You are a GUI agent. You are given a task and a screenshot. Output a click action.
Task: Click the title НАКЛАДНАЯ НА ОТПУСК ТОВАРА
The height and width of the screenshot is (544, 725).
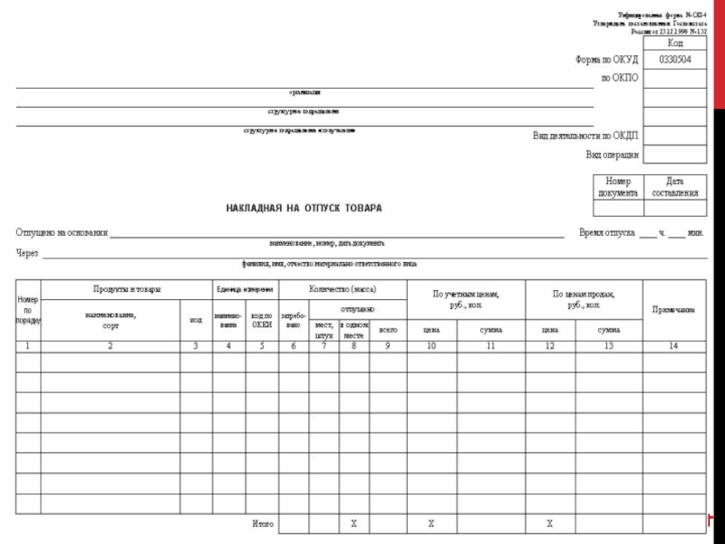click(x=304, y=209)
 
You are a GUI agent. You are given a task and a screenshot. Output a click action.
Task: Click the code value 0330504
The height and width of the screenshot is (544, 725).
click(x=675, y=60)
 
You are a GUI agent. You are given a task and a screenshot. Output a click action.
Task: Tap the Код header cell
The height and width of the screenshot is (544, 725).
click(x=675, y=43)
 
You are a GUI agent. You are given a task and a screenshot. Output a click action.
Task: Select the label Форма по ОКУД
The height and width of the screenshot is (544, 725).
click(x=606, y=60)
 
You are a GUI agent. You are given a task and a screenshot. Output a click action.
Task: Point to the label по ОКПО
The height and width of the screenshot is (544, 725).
click(x=620, y=78)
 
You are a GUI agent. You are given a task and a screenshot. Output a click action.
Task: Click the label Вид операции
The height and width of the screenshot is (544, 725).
click(x=612, y=154)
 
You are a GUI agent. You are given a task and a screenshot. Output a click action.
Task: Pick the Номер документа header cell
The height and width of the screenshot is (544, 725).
click(x=618, y=187)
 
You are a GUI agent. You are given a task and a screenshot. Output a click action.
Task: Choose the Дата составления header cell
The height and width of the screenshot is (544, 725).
click(x=675, y=187)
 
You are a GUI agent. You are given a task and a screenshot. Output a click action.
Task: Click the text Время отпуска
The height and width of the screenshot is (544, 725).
click(x=606, y=233)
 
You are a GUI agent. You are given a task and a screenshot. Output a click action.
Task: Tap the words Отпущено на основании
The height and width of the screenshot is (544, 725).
click(x=62, y=233)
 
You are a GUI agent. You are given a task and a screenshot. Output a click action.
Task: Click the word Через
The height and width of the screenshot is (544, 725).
click(x=27, y=254)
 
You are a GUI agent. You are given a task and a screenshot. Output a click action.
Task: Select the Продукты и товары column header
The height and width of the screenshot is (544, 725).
click(x=127, y=289)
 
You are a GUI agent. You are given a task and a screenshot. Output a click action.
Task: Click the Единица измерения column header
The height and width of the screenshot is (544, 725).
click(x=245, y=289)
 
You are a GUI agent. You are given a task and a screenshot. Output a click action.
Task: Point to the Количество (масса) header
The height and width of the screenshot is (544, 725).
click(x=343, y=289)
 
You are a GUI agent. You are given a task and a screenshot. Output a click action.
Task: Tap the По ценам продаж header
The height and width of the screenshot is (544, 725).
click(x=584, y=298)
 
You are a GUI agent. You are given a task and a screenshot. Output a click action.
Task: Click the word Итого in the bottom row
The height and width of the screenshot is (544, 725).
click(x=263, y=524)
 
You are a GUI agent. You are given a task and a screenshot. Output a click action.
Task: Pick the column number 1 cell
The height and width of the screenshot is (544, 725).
click(x=27, y=346)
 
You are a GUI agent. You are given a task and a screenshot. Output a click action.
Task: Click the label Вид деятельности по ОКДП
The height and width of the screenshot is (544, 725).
click(x=585, y=136)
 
